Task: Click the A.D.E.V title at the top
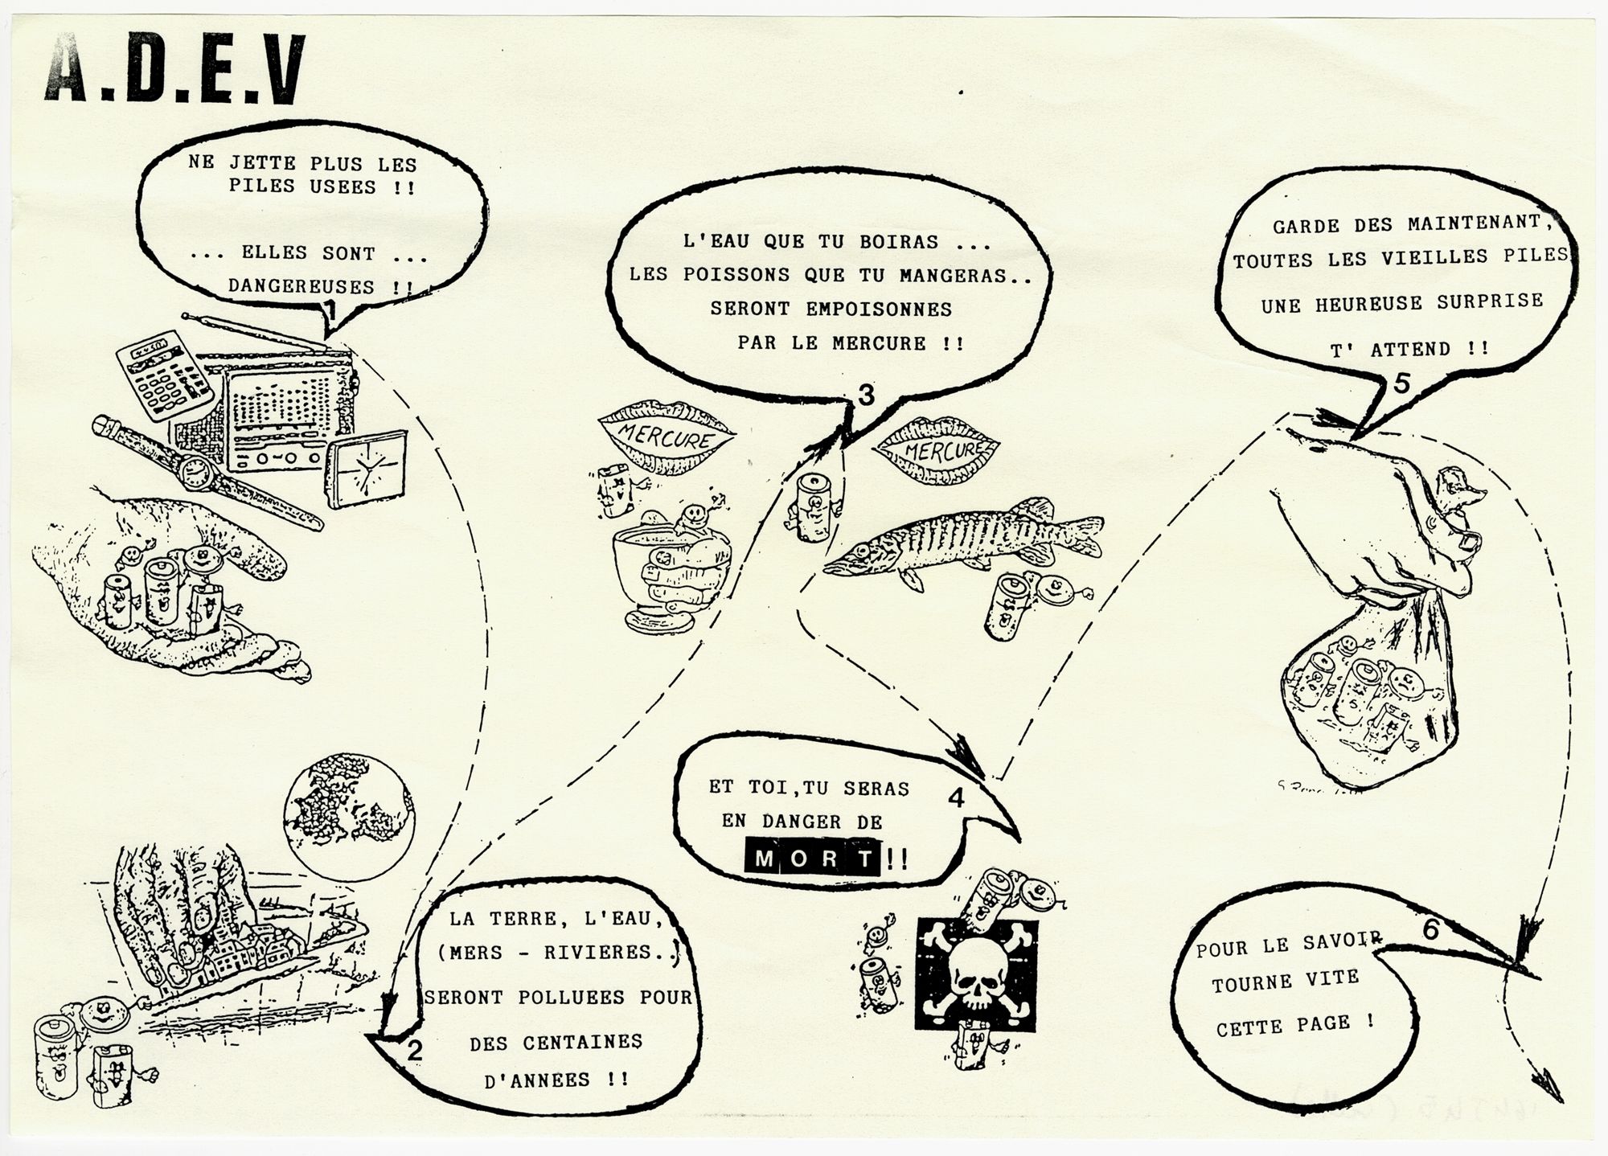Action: pyautogui.click(x=175, y=68)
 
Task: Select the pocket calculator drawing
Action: pyautogui.click(x=164, y=375)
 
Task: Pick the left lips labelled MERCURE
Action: pyautogui.click(x=667, y=437)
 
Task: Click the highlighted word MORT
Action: pyautogui.click(x=813, y=858)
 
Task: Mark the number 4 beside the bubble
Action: pyautogui.click(x=956, y=797)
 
